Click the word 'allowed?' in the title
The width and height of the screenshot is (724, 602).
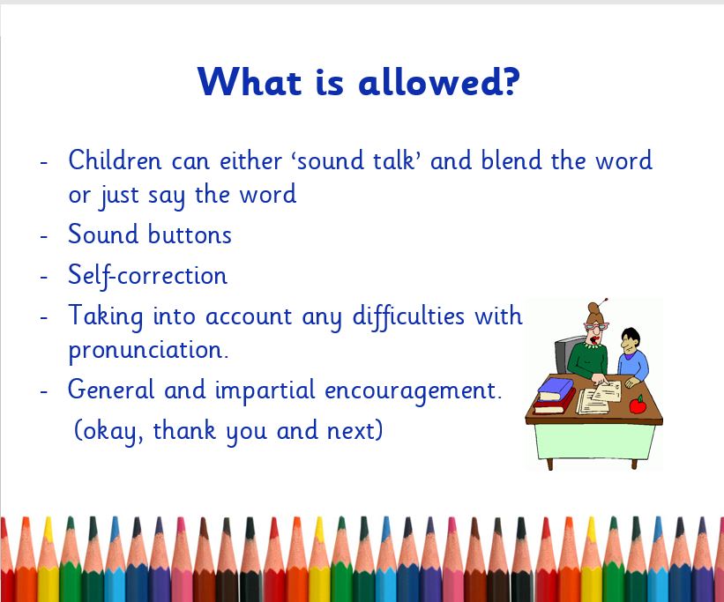(x=439, y=82)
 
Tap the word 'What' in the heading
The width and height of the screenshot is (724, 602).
(x=250, y=82)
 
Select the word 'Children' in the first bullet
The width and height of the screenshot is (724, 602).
(x=115, y=160)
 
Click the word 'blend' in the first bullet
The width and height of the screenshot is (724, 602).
(x=511, y=160)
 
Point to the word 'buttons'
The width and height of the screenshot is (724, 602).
(x=190, y=234)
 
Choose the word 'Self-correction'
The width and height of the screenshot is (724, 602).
(x=148, y=276)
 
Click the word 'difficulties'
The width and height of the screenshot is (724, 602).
(x=408, y=316)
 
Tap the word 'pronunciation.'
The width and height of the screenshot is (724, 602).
(x=148, y=351)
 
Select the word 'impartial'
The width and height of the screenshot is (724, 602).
(x=265, y=390)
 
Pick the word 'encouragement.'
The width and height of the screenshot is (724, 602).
(x=413, y=391)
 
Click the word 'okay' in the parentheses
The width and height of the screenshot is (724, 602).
(x=113, y=431)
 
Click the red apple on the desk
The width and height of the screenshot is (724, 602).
(x=638, y=405)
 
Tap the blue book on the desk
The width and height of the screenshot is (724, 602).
(x=556, y=388)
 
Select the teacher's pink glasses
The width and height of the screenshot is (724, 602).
(x=596, y=326)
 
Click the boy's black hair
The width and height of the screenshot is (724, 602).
(x=631, y=334)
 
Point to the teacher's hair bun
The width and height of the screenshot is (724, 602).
(x=594, y=308)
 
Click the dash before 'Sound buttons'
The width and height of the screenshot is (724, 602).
(x=44, y=235)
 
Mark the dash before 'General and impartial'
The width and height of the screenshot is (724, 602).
(x=44, y=391)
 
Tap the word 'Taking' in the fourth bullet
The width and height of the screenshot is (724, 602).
(x=105, y=316)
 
